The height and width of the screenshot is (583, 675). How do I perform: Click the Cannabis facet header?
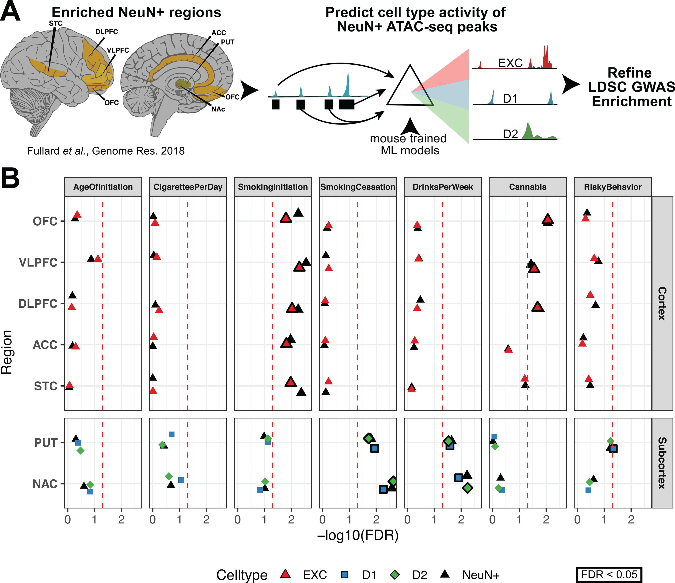pos(528,187)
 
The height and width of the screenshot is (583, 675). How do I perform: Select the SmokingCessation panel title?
pos(358,187)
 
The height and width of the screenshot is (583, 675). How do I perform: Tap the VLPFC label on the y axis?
pos(38,262)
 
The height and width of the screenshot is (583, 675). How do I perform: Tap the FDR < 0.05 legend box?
pos(609,575)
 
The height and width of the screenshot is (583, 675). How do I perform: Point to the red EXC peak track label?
pos(510,63)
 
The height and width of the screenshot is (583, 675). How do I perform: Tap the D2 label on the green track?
pos(510,134)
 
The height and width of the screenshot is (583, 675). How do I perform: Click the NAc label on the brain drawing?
pos(218,109)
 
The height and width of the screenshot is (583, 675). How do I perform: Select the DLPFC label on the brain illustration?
pos(106,32)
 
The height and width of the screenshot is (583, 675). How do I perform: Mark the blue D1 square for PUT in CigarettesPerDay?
pos(172,434)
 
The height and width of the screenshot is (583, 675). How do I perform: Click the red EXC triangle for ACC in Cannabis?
pos(509,349)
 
